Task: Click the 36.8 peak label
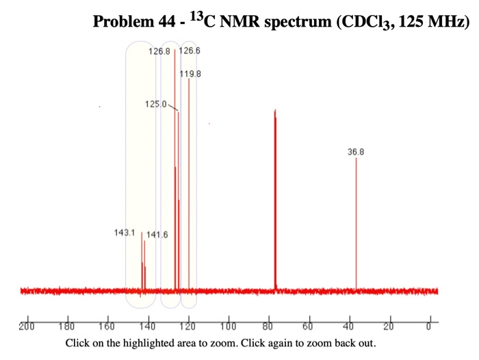(x=356, y=151)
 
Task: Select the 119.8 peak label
(x=191, y=73)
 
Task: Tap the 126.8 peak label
(x=159, y=52)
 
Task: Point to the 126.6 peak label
(x=190, y=52)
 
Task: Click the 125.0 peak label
(x=156, y=103)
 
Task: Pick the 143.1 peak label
(x=125, y=233)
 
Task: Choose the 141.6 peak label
(x=157, y=235)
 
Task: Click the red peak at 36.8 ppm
(x=356, y=226)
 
